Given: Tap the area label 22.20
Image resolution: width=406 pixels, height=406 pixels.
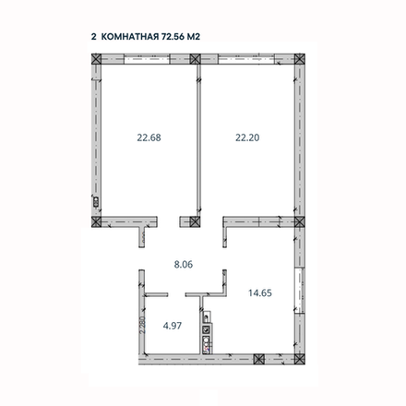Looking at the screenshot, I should pyautogui.click(x=245, y=137).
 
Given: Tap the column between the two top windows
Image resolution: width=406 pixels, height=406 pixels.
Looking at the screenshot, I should pyautogui.click(x=196, y=59).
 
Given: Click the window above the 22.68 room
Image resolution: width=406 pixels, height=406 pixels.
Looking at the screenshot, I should pyautogui.click(x=145, y=59).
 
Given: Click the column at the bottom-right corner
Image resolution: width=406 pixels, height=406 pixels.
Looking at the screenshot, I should pyautogui.click(x=296, y=354).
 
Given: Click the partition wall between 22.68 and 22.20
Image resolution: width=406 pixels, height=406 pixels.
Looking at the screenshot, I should pyautogui.click(x=197, y=138).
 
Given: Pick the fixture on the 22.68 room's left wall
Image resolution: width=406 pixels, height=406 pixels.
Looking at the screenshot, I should pyautogui.click(x=95, y=197).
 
